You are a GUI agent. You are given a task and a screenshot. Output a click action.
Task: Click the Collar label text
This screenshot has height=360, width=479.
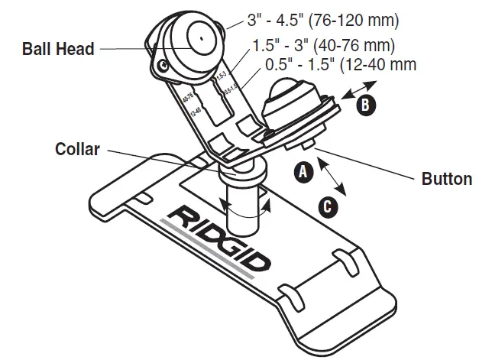78,149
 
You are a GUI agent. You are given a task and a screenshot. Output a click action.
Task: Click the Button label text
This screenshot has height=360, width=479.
447,180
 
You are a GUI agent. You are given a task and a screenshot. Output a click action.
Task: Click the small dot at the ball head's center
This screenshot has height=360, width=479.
198,36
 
